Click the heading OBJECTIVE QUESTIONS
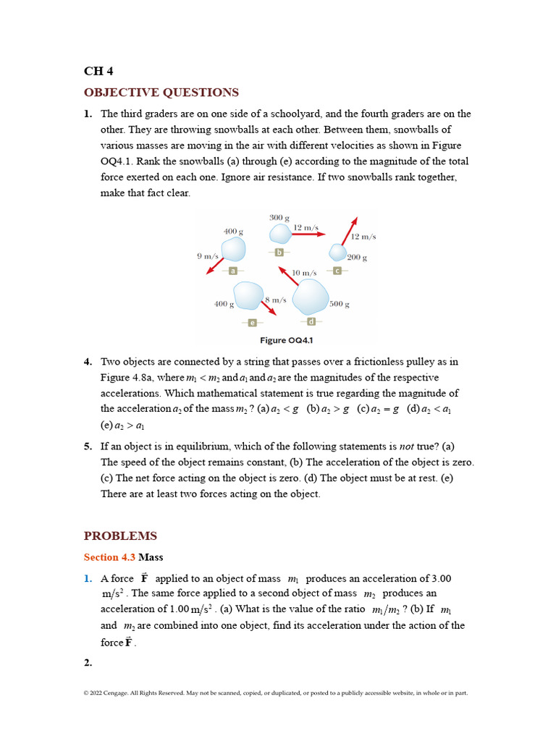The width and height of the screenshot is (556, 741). pos(161,93)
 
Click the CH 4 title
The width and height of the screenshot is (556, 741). pos(98,71)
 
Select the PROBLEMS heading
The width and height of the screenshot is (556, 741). pos(120,536)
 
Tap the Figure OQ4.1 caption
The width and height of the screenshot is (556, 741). pos(286,340)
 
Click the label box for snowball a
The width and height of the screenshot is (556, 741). pos(233,271)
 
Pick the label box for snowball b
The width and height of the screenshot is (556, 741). pos(279,252)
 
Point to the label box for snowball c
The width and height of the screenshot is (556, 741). pos(337,271)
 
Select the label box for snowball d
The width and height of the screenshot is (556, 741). pos(311,321)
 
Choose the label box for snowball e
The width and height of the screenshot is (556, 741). pos(252,322)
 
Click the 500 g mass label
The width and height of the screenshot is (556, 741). pos(340,305)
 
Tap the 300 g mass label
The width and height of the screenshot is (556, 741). pos(279,218)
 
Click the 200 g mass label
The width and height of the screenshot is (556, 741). pos(357,258)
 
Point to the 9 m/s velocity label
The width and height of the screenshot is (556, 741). pos(207,256)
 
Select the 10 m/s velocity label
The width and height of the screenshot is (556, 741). pos(304,273)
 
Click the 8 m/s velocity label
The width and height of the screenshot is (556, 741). pos(276,300)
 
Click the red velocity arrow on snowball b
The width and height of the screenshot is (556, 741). pos(309,234)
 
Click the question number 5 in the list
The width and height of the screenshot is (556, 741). pos(88,446)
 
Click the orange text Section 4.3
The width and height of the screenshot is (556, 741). pos(109,557)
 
